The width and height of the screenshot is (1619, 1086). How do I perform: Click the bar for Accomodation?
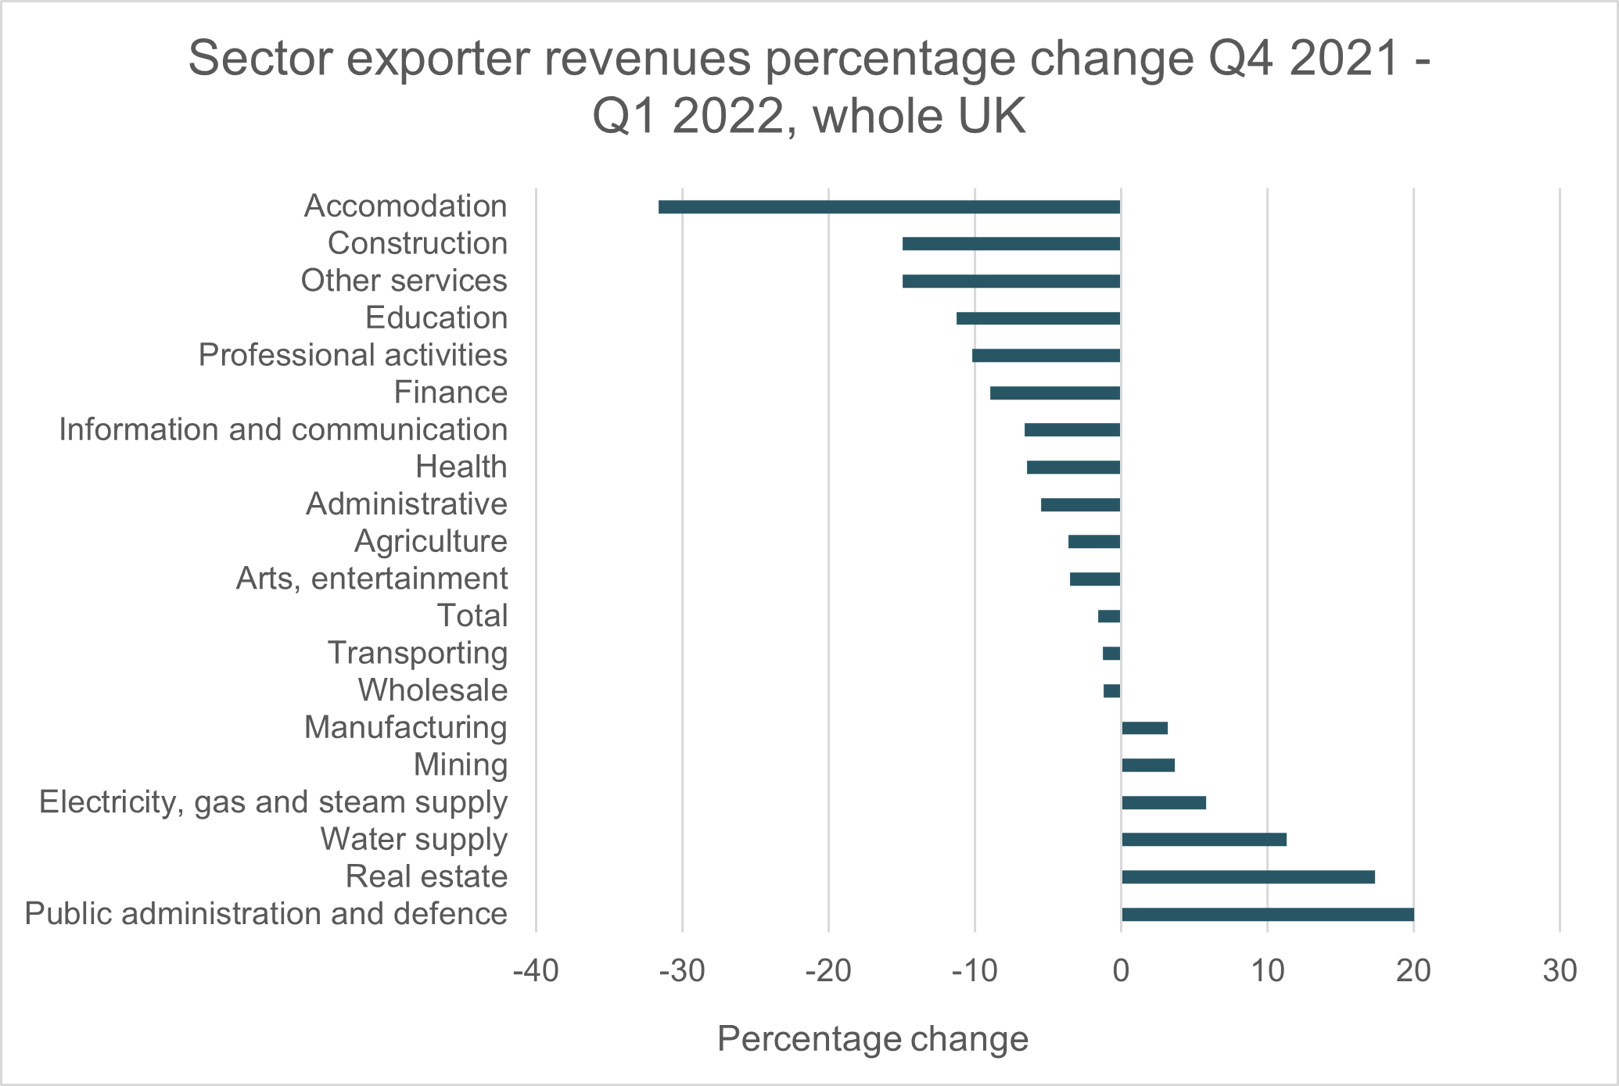click(x=889, y=207)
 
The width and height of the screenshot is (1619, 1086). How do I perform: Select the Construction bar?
click(x=1011, y=244)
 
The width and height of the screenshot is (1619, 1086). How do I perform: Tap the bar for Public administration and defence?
click(x=1267, y=915)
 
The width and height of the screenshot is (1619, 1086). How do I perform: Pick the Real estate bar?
click(x=1247, y=877)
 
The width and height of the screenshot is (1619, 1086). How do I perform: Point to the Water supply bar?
click(x=1204, y=840)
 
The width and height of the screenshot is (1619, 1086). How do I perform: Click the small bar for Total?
click(x=1109, y=616)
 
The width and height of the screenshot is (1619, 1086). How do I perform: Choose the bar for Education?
click(x=1038, y=318)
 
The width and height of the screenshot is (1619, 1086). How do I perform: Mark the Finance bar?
click(x=1055, y=392)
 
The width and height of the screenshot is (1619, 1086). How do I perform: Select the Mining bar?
click(x=1147, y=765)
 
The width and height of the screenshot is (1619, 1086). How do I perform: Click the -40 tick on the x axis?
click(x=536, y=972)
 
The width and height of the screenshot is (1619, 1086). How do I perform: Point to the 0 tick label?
click(x=1121, y=972)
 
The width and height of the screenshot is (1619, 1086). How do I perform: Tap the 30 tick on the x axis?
click(x=1560, y=972)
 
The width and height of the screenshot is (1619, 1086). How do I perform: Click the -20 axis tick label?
click(x=828, y=972)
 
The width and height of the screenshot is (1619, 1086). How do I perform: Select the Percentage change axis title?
click(x=872, y=1040)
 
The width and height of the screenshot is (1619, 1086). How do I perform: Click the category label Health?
click(x=461, y=468)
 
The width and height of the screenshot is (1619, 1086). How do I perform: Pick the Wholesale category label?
click(x=433, y=690)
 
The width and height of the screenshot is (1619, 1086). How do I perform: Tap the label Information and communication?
click(x=283, y=430)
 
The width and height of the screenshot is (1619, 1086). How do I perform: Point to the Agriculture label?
click(x=431, y=542)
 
